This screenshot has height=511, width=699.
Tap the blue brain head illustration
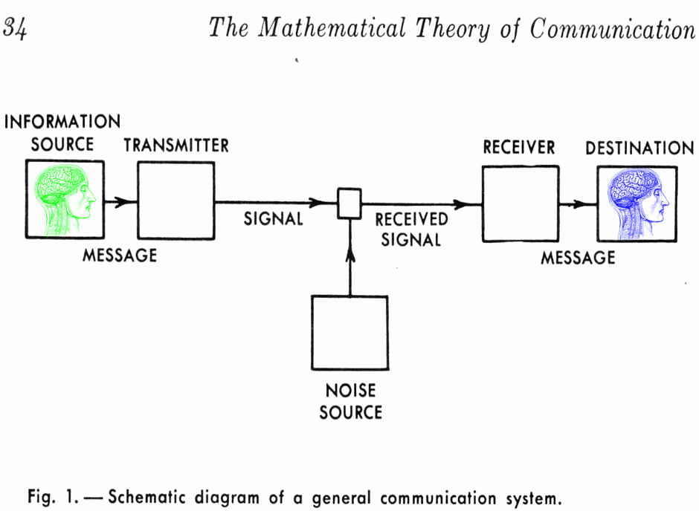point(637,204)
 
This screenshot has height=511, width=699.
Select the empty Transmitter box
point(176,200)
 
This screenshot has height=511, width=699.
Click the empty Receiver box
point(520,204)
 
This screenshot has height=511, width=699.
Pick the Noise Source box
point(349,333)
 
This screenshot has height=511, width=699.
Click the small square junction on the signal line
point(349,203)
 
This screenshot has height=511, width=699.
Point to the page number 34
point(15,29)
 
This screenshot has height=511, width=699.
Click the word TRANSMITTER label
point(176,145)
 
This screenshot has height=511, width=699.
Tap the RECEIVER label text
point(519,148)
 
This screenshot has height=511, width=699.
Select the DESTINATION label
point(639,149)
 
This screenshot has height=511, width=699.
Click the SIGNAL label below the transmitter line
point(274,219)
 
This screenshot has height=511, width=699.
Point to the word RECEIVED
point(411,220)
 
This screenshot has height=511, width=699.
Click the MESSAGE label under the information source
point(120,255)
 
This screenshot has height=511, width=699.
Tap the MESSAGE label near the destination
point(578,258)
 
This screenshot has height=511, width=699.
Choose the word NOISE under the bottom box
point(350,390)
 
